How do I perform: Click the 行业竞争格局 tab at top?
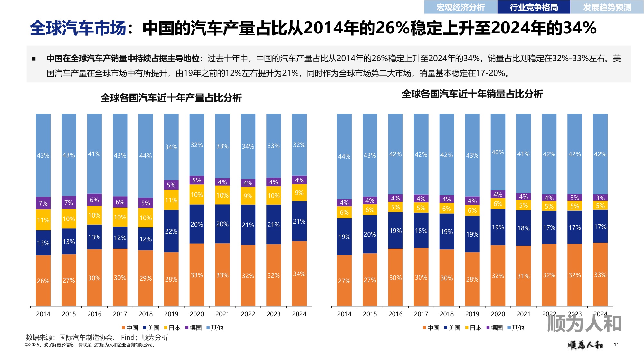[x=534, y=7]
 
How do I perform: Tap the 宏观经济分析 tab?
[x=460, y=7]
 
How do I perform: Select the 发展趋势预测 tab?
[x=607, y=7]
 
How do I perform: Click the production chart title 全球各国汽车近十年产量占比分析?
[x=171, y=98]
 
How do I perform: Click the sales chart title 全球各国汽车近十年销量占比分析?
[x=472, y=94]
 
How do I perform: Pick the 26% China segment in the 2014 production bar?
[x=43, y=281]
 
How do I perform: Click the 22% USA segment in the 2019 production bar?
[x=171, y=231]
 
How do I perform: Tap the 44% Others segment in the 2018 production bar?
[x=146, y=156]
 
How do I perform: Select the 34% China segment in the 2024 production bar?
[x=299, y=274]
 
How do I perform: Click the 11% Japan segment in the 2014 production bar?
[x=43, y=220]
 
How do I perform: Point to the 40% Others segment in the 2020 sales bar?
[x=498, y=152]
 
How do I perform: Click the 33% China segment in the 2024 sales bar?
[x=600, y=274]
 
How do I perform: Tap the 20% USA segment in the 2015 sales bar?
[x=370, y=234]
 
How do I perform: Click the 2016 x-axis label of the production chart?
[x=94, y=314]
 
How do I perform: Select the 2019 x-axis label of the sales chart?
[x=472, y=314]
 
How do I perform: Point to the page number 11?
[x=616, y=345]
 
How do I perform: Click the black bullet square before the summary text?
[x=34, y=59]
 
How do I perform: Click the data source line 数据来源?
[x=97, y=337]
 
